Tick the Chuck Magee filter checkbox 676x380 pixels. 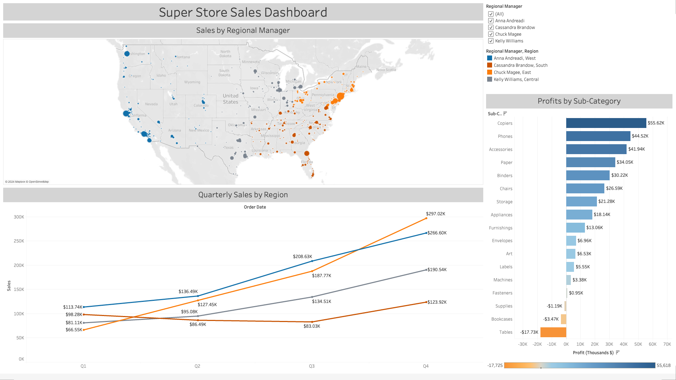(491, 34)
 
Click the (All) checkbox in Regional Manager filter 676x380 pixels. (491, 14)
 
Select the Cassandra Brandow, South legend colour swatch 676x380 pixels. (490, 65)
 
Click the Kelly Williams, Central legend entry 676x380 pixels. (516, 80)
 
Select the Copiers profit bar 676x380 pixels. (606, 123)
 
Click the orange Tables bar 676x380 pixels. (553, 332)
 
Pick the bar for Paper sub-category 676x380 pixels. (590, 162)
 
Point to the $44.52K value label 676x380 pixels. (640, 136)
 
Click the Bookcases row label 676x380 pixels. (502, 319)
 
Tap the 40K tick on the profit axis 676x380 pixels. (623, 344)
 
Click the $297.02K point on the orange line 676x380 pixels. (426, 218)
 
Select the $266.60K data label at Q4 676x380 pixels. (437, 233)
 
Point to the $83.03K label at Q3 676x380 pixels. (312, 326)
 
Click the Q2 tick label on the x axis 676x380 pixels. (197, 366)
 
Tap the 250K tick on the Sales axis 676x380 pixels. (19, 241)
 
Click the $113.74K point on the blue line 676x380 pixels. (84, 307)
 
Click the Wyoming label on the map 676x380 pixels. (192, 82)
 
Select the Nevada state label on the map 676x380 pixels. (151, 104)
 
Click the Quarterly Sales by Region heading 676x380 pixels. (243, 195)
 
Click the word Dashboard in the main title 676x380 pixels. (295, 12)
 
